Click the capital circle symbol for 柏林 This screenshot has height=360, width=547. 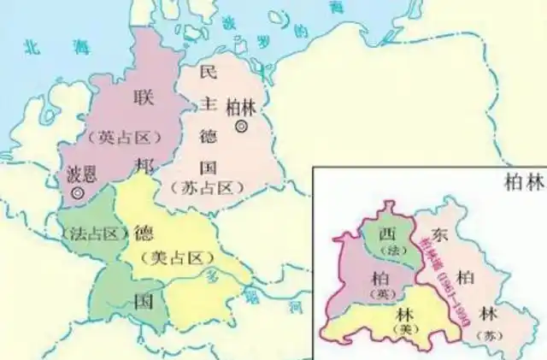(242, 126)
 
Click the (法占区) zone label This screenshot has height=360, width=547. (89, 233)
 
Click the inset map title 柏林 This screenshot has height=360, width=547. (518, 185)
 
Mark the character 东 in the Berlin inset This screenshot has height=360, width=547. (437, 233)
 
